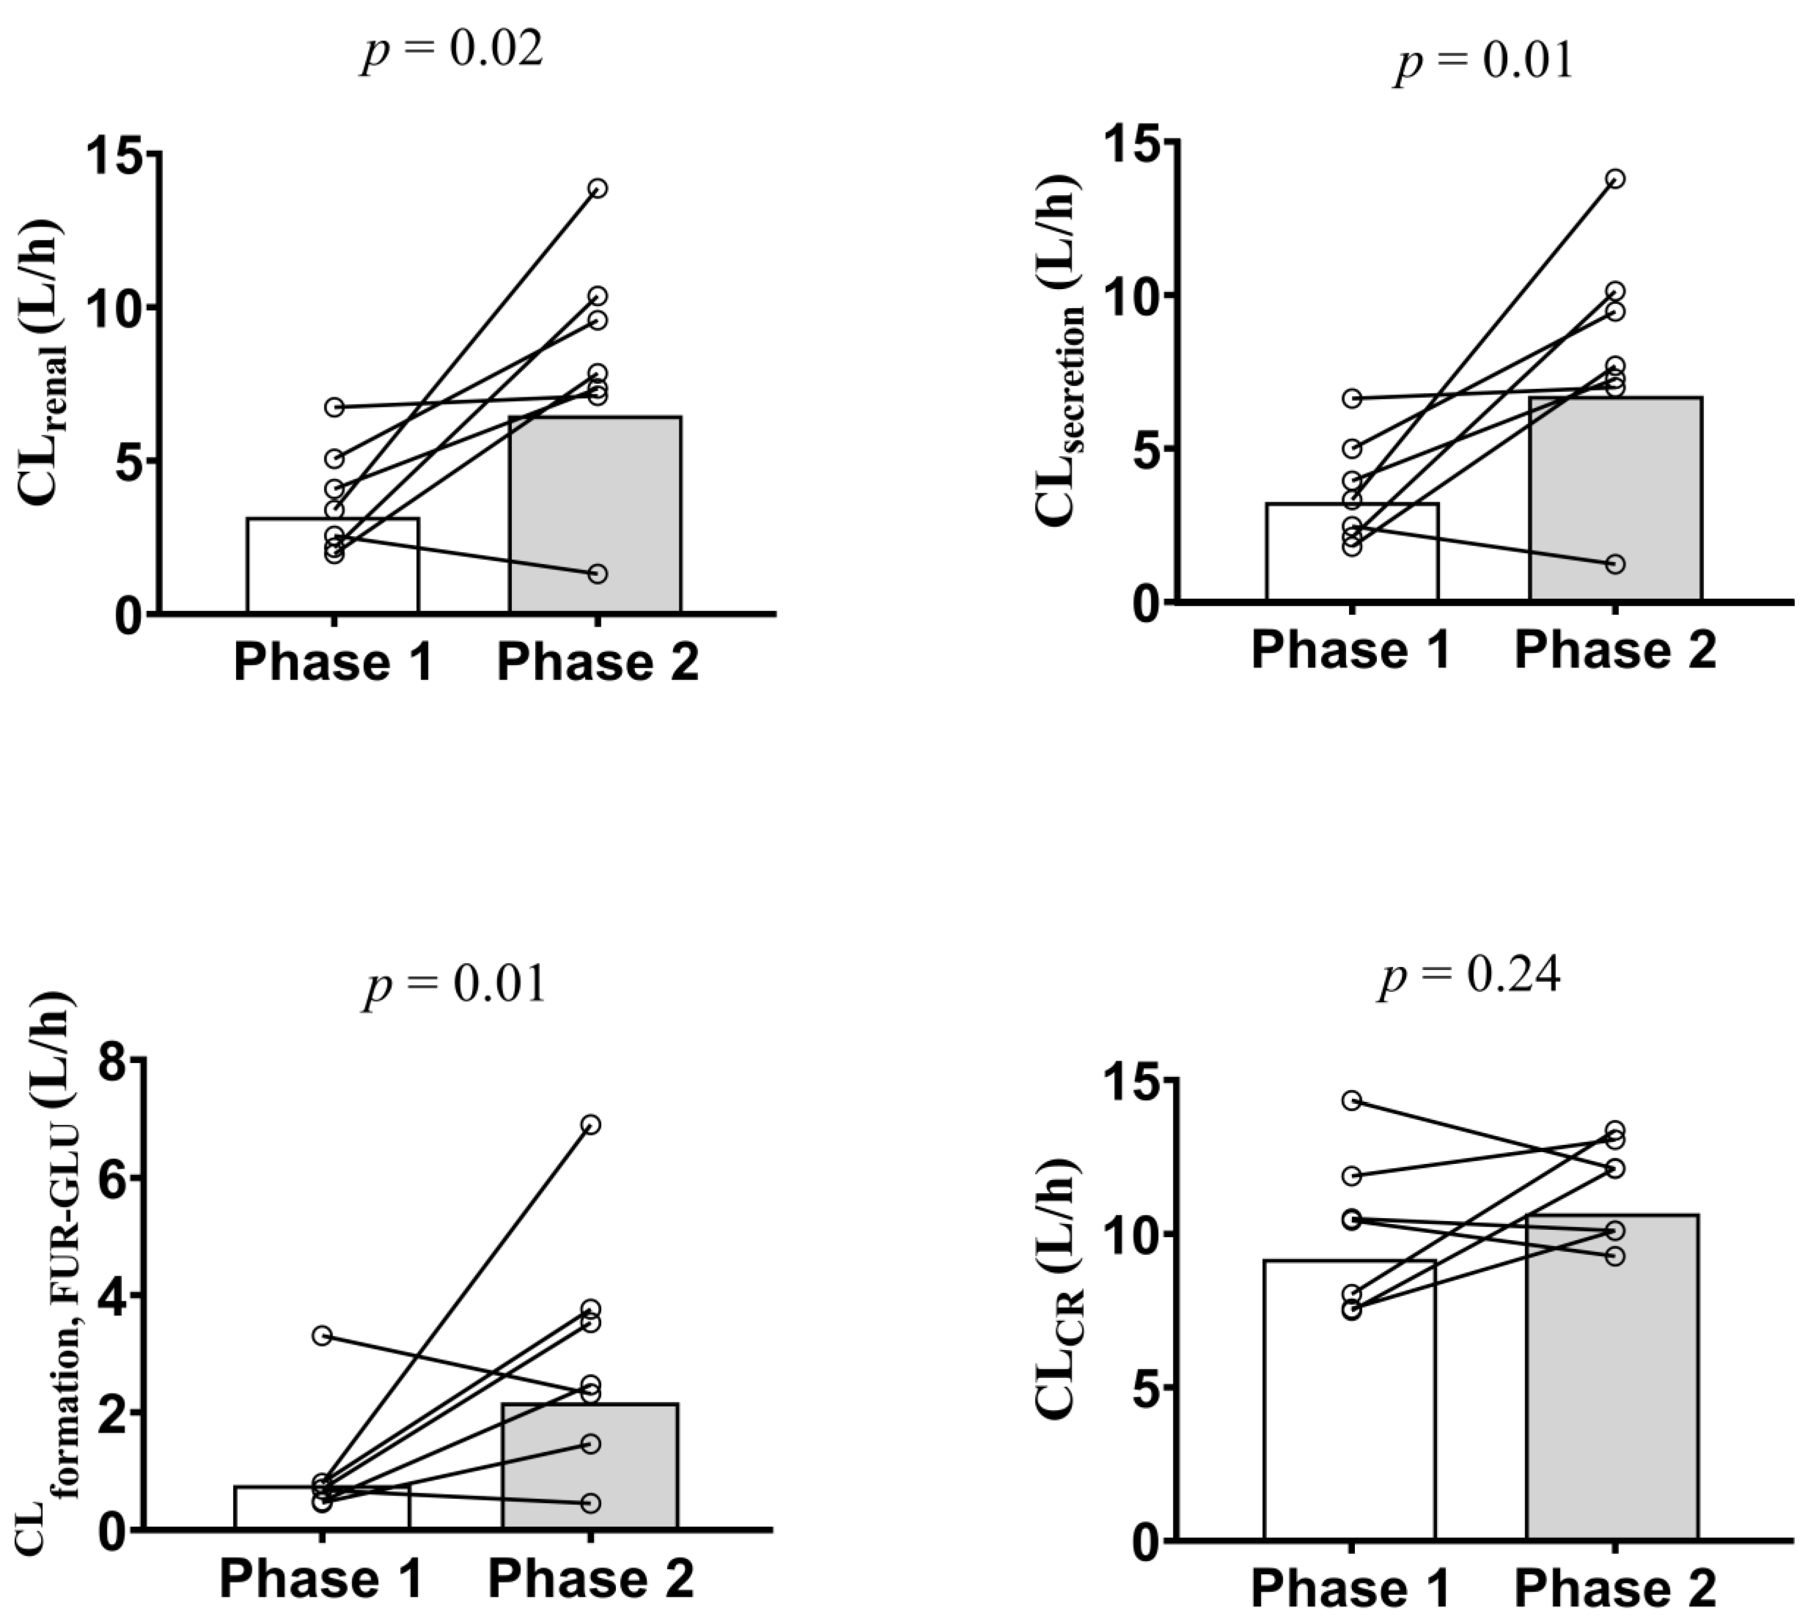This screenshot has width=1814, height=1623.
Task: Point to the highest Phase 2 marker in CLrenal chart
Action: tap(597, 188)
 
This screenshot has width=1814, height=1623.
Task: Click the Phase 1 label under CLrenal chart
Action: tap(333, 663)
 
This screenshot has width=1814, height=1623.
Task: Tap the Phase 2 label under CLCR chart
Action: tap(1615, 1588)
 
